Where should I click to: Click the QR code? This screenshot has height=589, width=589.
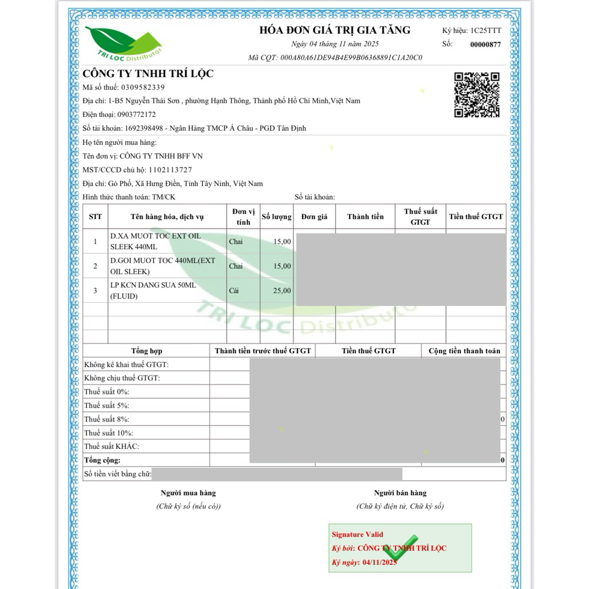pos(477,95)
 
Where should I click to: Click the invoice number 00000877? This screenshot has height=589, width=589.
pos(485,44)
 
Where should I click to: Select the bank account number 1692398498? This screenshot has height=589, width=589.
pos(146,128)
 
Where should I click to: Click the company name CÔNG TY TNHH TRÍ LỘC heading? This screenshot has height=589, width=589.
pos(148,74)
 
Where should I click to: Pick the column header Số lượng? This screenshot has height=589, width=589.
pos(277,217)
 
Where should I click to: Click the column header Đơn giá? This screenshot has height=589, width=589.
pos(314,217)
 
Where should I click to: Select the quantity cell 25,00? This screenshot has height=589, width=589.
pos(281,290)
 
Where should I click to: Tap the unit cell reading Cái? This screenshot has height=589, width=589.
pos(234,290)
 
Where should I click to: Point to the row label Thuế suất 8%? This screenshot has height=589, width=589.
pos(106,419)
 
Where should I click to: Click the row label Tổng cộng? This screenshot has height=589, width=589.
pos(102,460)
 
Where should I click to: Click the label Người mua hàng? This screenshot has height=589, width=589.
pos(188,493)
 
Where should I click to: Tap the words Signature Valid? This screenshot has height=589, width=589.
pos(357,534)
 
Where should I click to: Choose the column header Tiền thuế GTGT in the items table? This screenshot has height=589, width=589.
pos(476,217)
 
